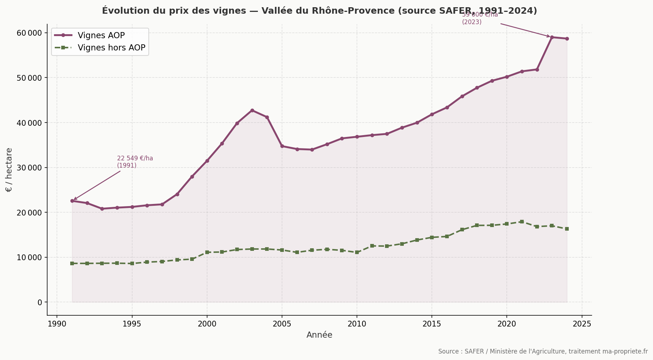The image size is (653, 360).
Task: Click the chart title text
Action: (319, 11)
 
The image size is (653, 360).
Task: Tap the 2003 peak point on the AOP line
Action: (252, 110)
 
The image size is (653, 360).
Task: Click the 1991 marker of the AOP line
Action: (72, 201)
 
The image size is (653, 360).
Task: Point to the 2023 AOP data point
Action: (552, 37)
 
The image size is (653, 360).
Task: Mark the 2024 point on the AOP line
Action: (567, 39)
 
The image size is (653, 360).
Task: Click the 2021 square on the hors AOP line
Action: (522, 222)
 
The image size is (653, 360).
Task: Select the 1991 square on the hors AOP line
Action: (72, 263)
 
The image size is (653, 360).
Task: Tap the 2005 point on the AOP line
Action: (282, 146)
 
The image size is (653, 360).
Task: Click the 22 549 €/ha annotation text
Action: (135, 158)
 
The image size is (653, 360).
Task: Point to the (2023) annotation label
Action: (471, 22)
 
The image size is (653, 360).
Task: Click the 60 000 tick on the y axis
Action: (30, 33)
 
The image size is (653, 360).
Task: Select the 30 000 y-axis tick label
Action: (30, 168)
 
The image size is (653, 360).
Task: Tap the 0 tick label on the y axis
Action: (40, 302)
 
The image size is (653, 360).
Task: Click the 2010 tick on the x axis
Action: (357, 324)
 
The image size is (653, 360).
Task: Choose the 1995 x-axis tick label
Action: (132, 324)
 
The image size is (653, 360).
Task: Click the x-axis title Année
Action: (319, 335)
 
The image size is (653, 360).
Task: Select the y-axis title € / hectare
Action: (9, 170)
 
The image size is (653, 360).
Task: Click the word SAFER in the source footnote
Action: (474, 351)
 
